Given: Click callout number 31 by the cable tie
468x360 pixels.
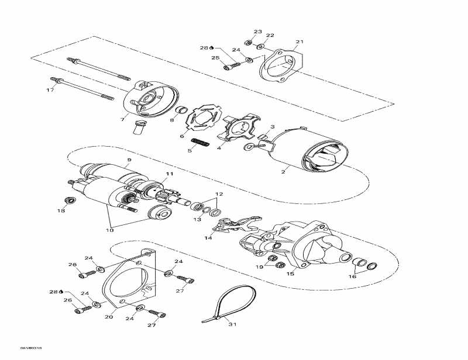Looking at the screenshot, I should coord(233,324).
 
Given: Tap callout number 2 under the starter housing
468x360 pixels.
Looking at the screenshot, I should coord(283,172).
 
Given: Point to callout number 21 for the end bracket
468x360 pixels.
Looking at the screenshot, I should coord(300,42).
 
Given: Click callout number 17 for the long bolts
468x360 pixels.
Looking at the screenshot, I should coord(50,90).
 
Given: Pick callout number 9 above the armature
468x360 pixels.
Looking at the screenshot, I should coord(129,160).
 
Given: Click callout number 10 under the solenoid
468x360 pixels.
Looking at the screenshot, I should coord(109,230).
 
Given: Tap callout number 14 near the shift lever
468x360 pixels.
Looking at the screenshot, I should coord(208,238).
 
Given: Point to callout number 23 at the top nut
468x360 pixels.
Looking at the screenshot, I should coord(258,32).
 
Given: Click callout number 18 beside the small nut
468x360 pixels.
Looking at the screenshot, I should coord(61,211).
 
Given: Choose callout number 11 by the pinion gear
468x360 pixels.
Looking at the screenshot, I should coord(170,174).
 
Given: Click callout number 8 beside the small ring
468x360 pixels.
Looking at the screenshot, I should coord(171,120).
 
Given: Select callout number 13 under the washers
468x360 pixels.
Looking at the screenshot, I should coord(197,219).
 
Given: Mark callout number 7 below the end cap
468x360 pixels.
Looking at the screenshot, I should coord(122,119).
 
